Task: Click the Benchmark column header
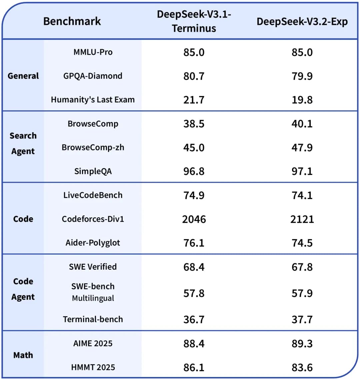[72, 21]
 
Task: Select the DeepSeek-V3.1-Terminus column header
[194, 21]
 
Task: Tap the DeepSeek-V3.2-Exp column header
[302, 22]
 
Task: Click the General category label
[23, 76]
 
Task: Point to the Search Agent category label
[23, 143]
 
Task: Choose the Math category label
[23, 355]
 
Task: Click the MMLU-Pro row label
[93, 52]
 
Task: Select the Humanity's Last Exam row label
[93, 100]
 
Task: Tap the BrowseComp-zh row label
[93, 147]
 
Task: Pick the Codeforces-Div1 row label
[93, 219]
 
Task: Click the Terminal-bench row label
[93, 319]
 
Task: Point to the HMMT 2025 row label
[93, 367]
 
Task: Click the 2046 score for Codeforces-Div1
[194, 219]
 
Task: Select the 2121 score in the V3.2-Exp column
[302, 219]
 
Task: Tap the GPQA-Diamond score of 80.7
[194, 76]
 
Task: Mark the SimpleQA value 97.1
[302, 171]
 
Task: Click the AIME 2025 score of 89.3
[302, 344]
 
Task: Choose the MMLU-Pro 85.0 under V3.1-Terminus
[194, 52]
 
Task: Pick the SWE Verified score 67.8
[302, 267]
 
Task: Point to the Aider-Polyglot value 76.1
[194, 243]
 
